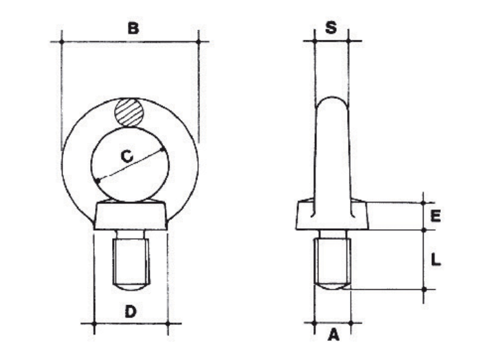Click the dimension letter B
(133, 28)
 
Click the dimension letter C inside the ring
(127, 157)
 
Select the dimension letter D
(131, 311)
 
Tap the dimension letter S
(331, 27)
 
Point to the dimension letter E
(435, 216)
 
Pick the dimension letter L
(435, 260)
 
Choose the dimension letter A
(334, 335)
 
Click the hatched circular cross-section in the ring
(129, 113)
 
